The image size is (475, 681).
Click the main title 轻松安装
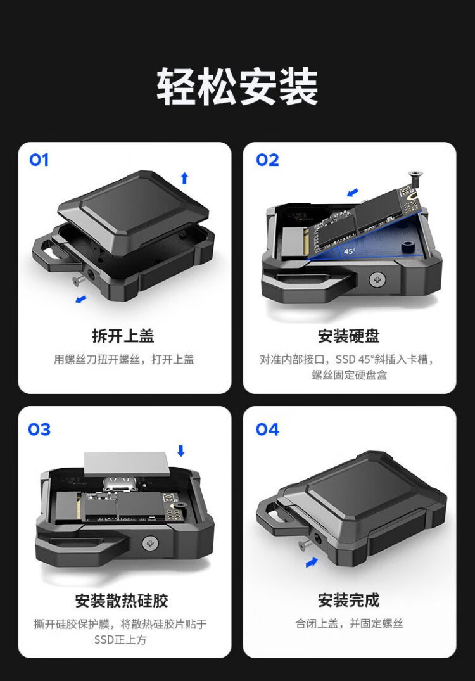237,86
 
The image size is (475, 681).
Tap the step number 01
39,160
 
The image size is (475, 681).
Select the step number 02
267,160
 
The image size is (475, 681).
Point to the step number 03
39,430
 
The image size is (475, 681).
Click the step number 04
267,430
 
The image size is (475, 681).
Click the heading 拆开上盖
123,336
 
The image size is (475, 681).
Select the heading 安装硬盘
349,336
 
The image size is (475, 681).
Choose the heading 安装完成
349,600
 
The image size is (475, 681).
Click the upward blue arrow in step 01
184,177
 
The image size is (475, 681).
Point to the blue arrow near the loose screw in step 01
81,299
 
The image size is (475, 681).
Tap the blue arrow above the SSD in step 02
353,192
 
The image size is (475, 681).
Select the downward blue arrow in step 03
181,451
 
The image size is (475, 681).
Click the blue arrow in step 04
312,563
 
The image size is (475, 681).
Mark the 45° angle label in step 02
349,251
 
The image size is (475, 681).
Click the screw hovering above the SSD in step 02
415,179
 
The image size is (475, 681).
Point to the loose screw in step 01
78,281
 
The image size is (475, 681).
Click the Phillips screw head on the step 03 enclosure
150,542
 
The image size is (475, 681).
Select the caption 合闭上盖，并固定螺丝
349,624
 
